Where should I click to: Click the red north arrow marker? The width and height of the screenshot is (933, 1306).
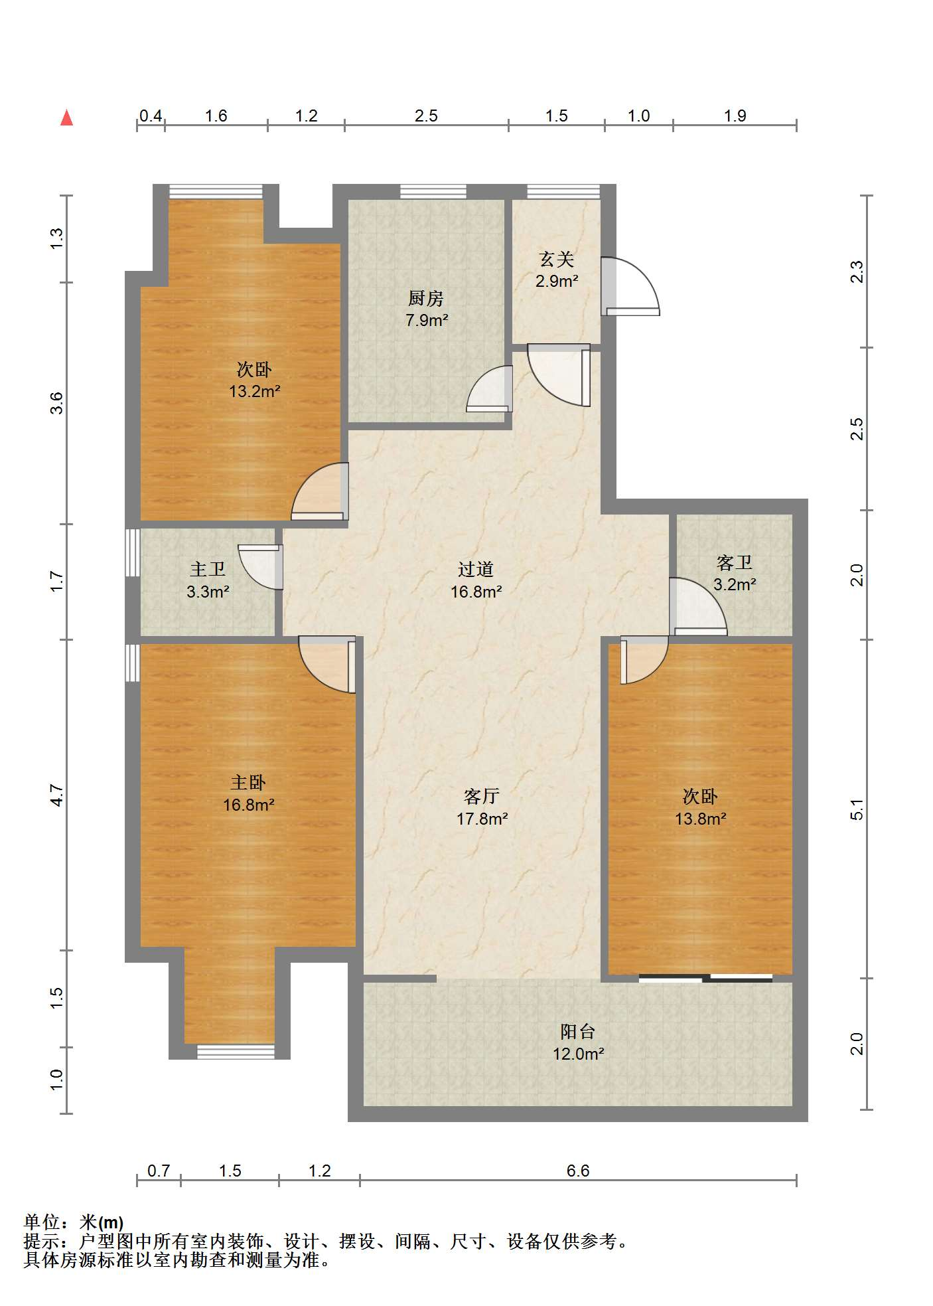pos(66,118)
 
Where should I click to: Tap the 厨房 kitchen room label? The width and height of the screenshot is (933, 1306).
pos(426,298)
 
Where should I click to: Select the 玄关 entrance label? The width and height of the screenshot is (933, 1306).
pos(557,258)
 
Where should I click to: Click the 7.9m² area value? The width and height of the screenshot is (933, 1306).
pos(427,320)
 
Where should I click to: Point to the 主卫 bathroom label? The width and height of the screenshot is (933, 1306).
pos(208,569)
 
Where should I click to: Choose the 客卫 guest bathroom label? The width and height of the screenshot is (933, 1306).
pos(735,562)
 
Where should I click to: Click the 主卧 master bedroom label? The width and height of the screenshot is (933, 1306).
pos(248,782)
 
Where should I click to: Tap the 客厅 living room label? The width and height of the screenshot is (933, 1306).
pos(482,796)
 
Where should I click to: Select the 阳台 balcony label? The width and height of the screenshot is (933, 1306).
pos(578,1031)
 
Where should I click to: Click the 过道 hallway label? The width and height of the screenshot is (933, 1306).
pos(476,569)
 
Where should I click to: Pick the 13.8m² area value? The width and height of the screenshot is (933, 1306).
pos(701,819)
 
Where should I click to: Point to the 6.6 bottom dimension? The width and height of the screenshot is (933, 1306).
pos(578,1170)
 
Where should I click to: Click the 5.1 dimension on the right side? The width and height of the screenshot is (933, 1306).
pos(857,809)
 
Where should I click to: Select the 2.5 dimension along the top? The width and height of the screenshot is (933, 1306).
pos(426,116)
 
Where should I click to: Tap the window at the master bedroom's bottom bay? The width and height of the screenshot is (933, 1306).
pos(236,1051)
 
